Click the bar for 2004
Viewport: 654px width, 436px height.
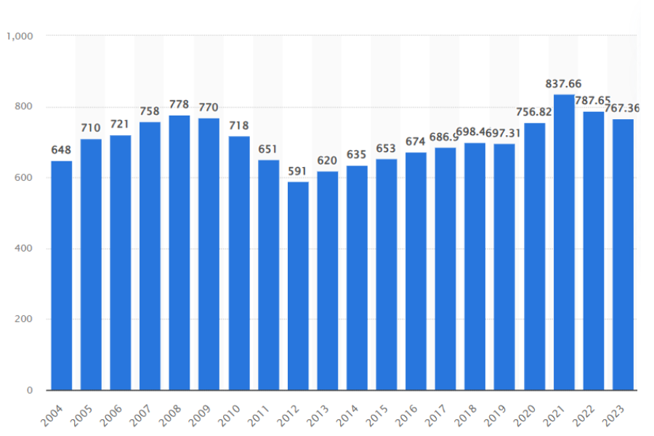pyautogui.click(x=62, y=275)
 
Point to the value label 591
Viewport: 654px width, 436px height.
pyautogui.click(x=298, y=171)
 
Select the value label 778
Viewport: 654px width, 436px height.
pyautogui.click(x=179, y=105)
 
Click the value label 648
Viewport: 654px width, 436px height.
pyautogui.click(x=62, y=150)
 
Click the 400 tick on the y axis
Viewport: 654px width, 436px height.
pyautogui.click(x=24, y=249)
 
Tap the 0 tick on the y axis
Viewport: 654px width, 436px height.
pyautogui.click(x=30, y=391)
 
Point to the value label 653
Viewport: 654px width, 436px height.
pyautogui.click(x=387, y=149)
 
